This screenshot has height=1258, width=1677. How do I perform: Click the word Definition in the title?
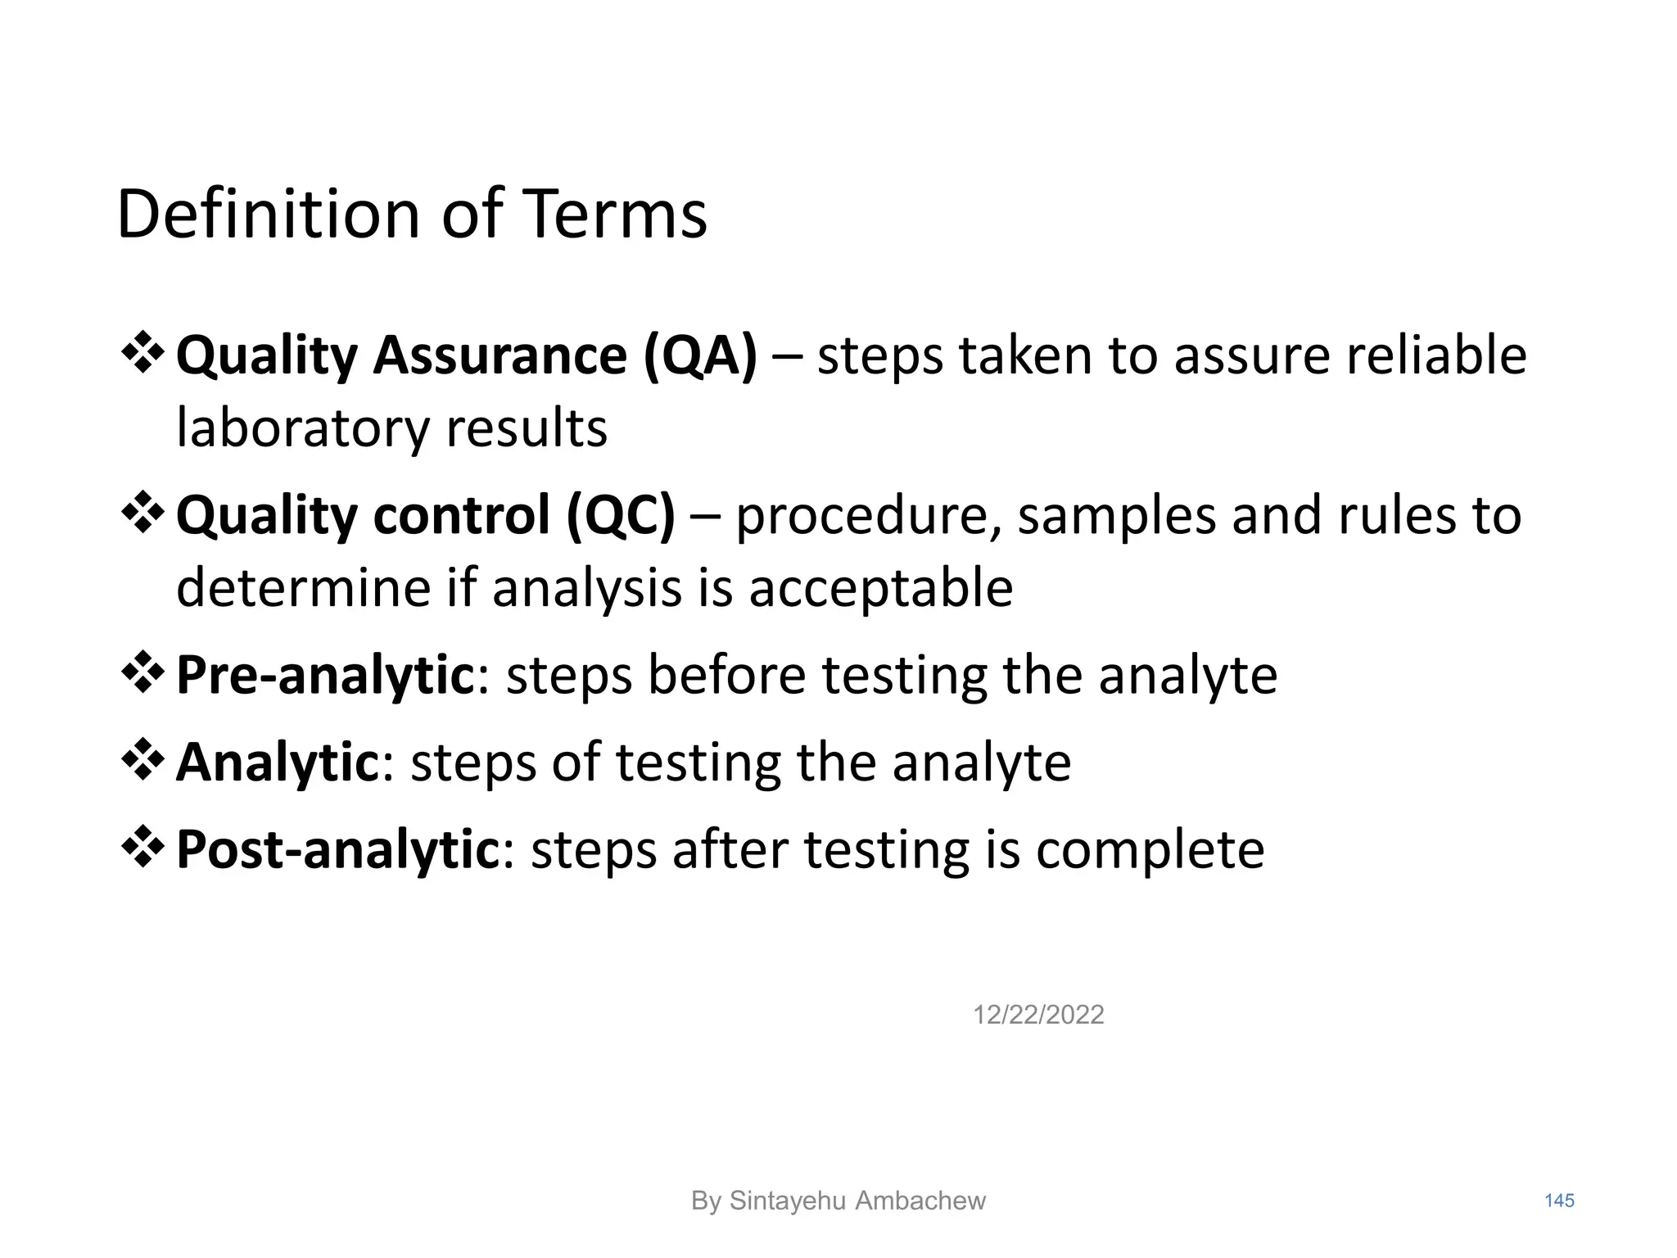tap(269, 215)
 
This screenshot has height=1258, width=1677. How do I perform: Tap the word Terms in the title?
tap(613, 215)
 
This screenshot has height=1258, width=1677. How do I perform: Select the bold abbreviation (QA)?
tap(701, 356)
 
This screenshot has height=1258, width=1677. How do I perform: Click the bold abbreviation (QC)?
tap(621, 516)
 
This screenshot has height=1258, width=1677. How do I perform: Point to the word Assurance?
tap(500, 356)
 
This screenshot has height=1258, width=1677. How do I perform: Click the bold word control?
tap(461, 516)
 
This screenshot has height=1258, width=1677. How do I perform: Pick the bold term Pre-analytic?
tap(325, 676)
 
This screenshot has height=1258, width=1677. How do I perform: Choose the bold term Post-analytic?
tap(337, 849)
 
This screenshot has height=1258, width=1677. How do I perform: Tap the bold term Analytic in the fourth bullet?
tap(276, 762)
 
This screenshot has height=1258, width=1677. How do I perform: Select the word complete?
tap(1150, 851)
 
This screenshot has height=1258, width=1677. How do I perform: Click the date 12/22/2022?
tap(1038, 1016)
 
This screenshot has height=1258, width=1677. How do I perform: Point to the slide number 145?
tap(1559, 1201)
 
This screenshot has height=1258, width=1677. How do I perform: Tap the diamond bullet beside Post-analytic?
tap(142, 847)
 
